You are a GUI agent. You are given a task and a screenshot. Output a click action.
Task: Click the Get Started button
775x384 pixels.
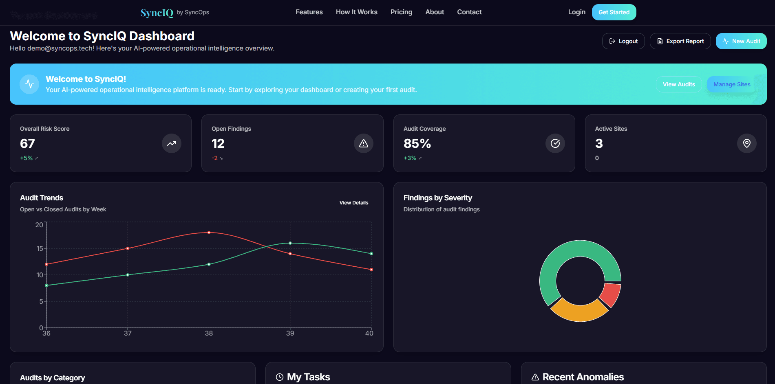[x=614, y=12]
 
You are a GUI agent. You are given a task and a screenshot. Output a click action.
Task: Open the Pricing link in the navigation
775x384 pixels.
[x=401, y=12]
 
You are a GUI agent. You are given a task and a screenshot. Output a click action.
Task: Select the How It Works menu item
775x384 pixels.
[x=356, y=12]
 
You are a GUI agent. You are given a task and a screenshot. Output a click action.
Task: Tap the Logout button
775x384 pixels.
[x=623, y=41]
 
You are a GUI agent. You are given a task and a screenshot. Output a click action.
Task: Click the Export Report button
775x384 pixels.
[x=680, y=41]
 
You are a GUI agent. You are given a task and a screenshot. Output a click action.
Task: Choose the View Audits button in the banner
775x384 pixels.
[x=678, y=84]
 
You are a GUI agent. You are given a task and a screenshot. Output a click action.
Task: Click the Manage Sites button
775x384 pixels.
[x=731, y=84]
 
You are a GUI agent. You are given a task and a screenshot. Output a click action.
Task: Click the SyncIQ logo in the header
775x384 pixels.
[x=157, y=13]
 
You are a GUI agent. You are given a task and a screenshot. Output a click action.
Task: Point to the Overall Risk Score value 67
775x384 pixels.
[x=27, y=143]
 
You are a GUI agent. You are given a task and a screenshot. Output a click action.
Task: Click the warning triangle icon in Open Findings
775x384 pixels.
[x=363, y=143]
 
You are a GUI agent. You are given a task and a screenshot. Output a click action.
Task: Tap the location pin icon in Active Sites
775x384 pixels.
[x=746, y=143]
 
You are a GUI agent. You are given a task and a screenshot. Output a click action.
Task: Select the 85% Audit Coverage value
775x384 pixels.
[x=417, y=143]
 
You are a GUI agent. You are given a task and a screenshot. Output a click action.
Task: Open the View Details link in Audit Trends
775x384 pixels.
[x=353, y=203]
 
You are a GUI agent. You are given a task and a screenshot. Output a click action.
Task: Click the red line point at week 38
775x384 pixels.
[x=209, y=233]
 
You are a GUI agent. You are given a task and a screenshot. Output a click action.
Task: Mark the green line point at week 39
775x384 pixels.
[x=290, y=243]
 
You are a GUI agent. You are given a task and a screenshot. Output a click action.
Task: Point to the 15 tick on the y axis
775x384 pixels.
[x=40, y=248]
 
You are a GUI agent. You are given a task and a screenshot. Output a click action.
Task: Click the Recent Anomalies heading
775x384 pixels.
[x=583, y=377]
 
